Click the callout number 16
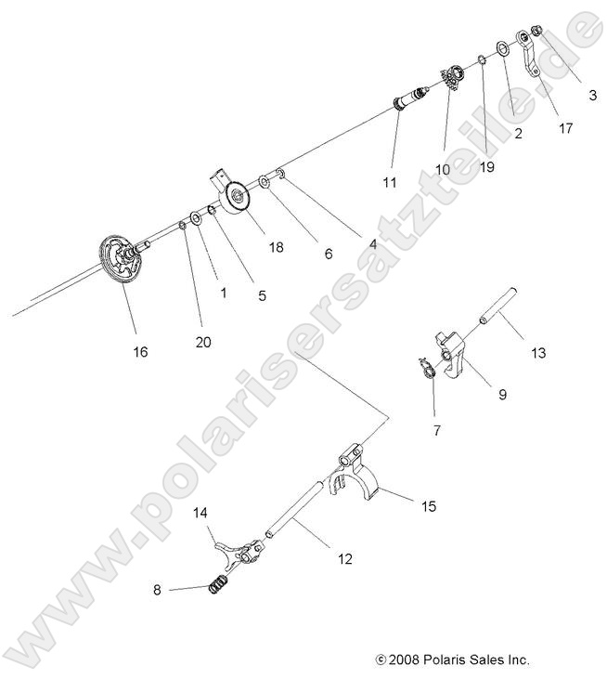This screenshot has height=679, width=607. [x=140, y=352]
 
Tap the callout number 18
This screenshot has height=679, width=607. [x=249, y=247]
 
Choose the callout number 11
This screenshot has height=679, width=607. [x=391, y=183]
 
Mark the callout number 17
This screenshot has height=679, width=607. [x=565, y=130]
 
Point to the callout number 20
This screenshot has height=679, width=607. [x=203, y=342]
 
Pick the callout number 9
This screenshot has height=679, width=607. [x=502, y=394]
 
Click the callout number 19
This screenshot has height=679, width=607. [x=487, y=167]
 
